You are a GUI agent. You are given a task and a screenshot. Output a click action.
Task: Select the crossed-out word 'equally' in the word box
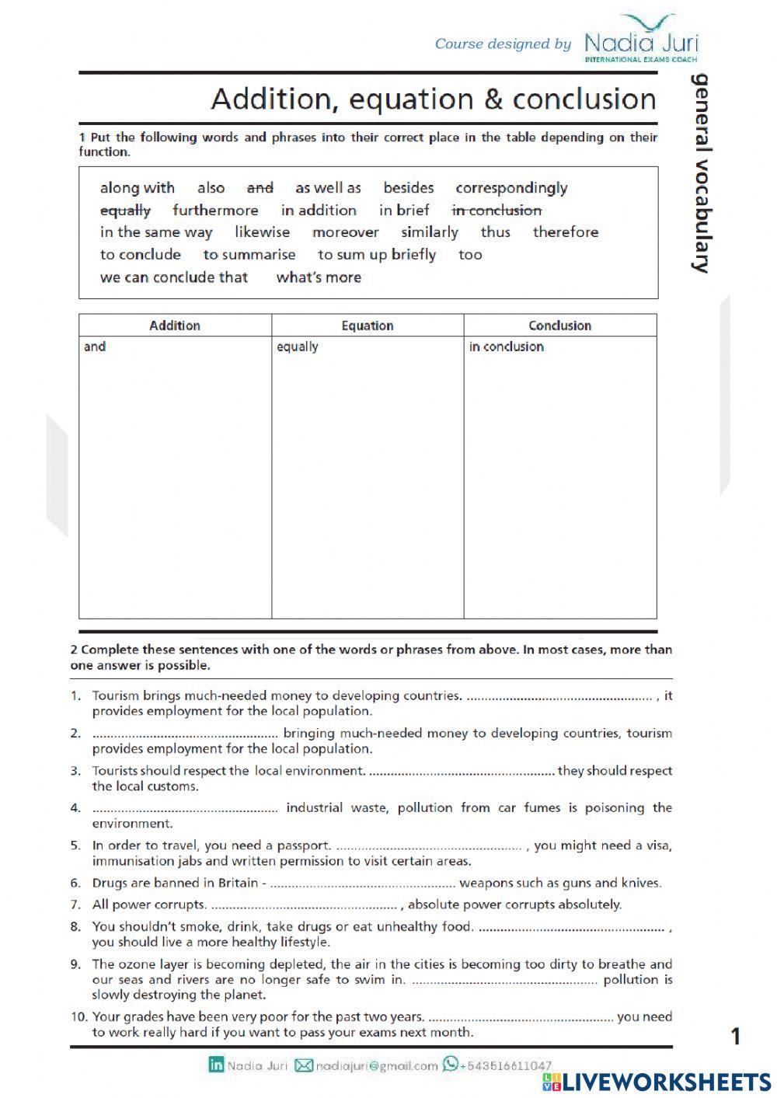(125, 211)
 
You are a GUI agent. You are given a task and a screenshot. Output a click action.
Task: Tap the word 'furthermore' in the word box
(215, 211)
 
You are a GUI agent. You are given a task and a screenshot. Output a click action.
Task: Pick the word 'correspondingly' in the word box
(511, 188)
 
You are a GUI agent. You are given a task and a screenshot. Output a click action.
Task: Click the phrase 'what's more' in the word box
(319, 277)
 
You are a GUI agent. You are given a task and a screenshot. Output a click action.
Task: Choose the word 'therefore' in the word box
(565, 232)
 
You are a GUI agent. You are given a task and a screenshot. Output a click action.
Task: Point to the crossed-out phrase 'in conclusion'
(497, 211)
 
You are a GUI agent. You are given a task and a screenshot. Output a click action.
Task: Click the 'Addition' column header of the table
(175, 326)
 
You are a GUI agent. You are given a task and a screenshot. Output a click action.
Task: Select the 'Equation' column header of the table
(368, 326)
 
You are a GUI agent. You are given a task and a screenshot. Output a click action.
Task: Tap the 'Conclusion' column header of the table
(559, 326)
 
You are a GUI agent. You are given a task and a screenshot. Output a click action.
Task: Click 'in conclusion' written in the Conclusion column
(506, 347)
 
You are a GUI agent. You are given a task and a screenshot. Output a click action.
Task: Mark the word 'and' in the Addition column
(95, 347)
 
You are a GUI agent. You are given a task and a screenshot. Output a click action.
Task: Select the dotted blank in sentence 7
(304, 905)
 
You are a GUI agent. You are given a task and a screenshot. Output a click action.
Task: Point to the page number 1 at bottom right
(736, 1036)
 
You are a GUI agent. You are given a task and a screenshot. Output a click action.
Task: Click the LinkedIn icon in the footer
(216, 1065)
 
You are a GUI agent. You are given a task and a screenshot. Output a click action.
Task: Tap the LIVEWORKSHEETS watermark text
(666, 1082)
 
